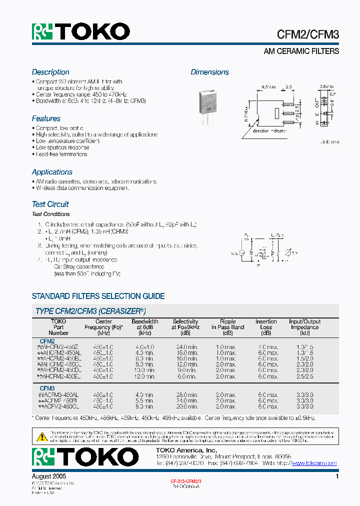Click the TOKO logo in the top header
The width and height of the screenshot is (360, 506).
81,32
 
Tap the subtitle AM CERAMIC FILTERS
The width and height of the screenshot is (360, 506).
301,51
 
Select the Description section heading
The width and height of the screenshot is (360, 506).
50,72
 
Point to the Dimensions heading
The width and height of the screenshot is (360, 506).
209,72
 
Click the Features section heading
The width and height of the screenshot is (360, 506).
46,118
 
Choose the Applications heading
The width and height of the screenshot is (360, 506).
52,172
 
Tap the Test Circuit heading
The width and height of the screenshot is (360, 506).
50,204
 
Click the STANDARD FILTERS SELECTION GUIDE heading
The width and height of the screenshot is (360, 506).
98,296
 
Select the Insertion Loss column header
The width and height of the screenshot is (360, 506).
266,327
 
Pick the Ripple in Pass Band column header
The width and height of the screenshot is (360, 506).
227,327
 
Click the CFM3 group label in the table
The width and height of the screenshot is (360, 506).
47,388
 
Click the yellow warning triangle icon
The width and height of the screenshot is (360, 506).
42,436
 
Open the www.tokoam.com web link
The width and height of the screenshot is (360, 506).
314,463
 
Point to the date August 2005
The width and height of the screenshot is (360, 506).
49,477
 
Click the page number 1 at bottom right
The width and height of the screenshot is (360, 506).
337,477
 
